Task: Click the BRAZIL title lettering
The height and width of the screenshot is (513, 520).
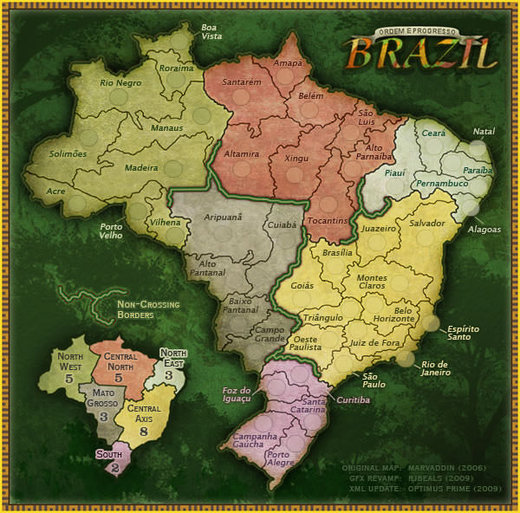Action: (x=423, y=55)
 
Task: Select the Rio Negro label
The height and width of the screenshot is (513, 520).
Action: (x=120, y=84)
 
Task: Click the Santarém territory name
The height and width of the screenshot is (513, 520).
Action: (x=242, y=83)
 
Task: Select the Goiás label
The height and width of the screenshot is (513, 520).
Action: (x=302, y=285)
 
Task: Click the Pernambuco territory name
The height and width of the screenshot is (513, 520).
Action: (x=441, y=185)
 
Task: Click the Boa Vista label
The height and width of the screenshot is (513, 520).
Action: (x=211, y=32)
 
